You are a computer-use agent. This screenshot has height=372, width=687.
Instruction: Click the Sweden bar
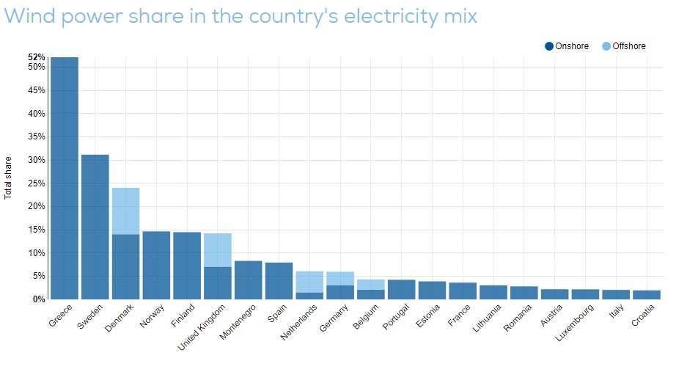click(95, 227)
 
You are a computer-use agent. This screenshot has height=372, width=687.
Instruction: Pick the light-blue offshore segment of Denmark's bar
click(125, 211)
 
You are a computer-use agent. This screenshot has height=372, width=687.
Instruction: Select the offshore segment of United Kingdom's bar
click(217, 249)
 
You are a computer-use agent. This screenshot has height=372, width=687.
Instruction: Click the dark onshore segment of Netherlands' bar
click(309, 296)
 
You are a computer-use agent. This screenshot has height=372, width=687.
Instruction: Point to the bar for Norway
click(156, 265)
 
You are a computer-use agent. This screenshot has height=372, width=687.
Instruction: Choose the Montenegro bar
click(248, 280)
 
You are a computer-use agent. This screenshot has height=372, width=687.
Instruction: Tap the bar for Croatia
click(647, 294)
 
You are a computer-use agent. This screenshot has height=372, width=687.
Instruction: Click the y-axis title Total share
click(9, 178)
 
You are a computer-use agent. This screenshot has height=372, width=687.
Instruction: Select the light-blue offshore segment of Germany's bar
click(340, 278)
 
